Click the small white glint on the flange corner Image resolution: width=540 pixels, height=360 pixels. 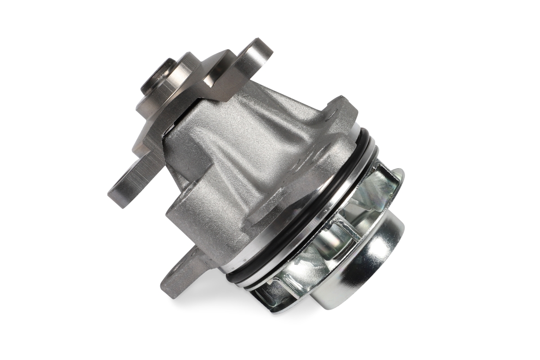pyautogui.click(x=208, y=84)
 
